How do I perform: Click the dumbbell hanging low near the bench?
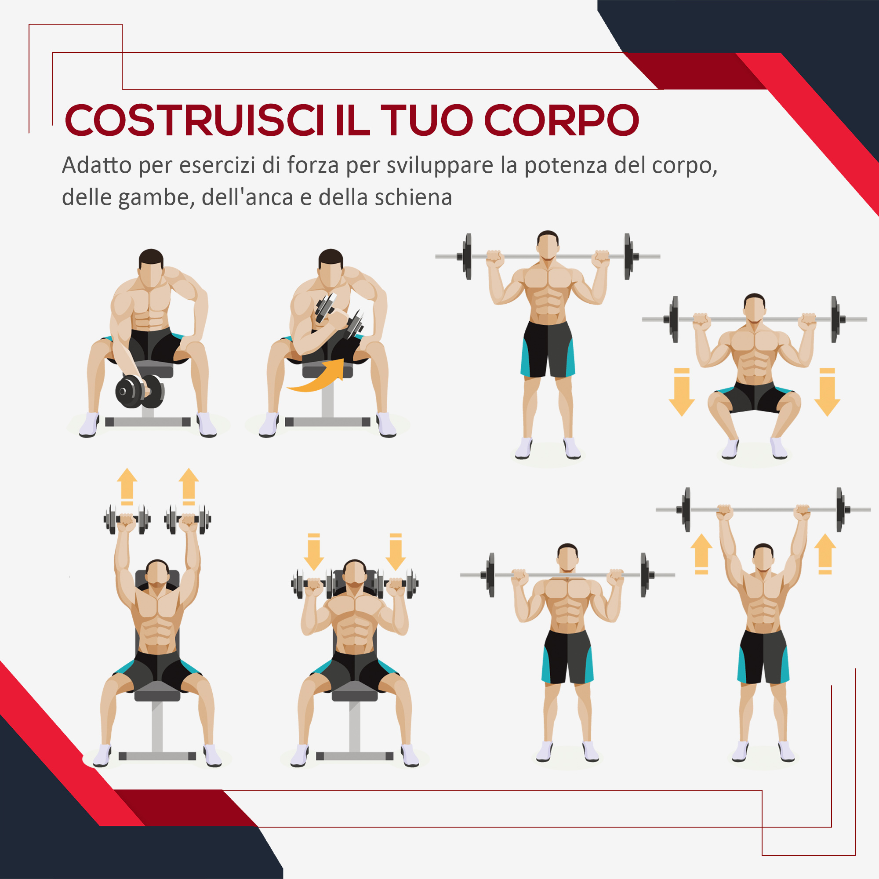[140, 391]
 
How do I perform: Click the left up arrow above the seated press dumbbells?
[127, 486]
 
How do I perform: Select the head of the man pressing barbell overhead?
[763, 558]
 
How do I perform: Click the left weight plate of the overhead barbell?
[686, 509]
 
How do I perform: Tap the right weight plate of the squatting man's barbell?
[835, 319]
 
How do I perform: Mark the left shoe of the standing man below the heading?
[524, 448]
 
